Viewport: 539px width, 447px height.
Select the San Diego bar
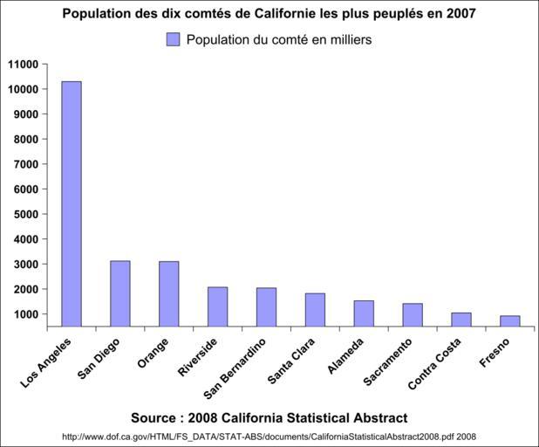120,293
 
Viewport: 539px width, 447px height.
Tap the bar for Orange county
169,294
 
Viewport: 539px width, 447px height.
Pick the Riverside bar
218,306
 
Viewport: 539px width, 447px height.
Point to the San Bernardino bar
267,307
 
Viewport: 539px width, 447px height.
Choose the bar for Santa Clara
315,310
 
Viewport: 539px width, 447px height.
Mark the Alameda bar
364,313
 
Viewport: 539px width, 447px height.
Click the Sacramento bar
413,315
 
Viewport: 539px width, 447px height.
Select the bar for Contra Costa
461,320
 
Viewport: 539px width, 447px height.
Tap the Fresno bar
510,321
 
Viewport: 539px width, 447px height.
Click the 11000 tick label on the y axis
24,64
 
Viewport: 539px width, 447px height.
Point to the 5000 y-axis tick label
27,214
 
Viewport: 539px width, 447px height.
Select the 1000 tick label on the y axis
27,314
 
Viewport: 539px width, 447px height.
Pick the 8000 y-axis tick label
27,139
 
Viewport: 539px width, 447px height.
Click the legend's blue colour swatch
173,39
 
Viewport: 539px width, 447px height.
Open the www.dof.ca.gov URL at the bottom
269,436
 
